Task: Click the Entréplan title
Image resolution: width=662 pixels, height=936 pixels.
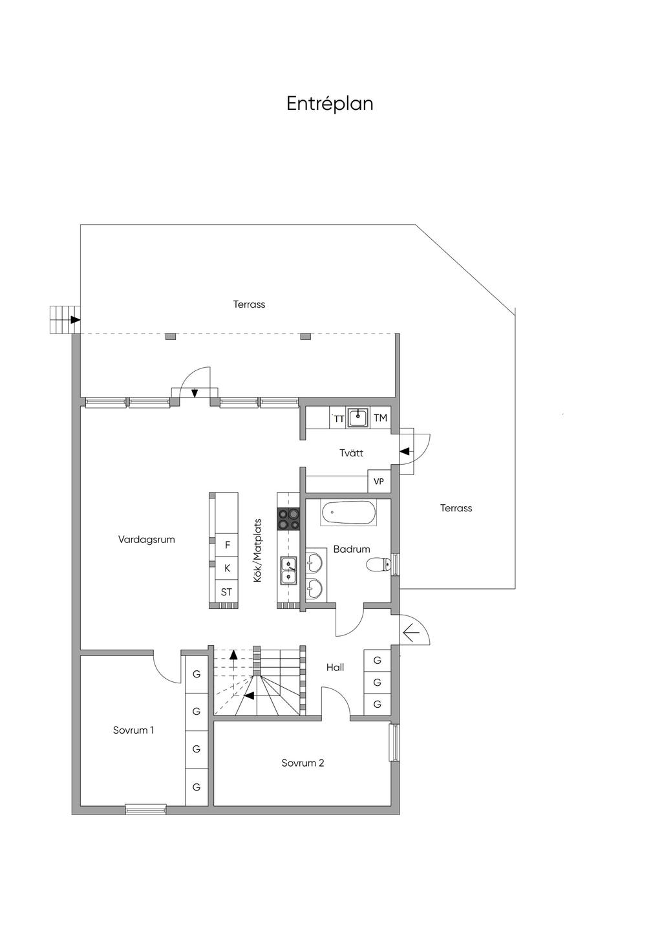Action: (x=330, y=104)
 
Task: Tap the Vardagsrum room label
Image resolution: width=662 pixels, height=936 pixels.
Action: (x=146, y=540)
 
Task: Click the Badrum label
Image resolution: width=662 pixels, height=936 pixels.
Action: (x=352, y=549)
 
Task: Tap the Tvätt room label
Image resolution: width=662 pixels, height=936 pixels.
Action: (x=351, y=453)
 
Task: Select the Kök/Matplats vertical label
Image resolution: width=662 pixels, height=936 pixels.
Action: (x=257, y=551)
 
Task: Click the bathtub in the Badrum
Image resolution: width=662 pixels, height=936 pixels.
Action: (x=348, y=513)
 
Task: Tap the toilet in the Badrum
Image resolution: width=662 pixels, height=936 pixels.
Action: (x=379, y=565)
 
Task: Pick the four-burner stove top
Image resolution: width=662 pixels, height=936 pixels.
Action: (x=288, y=518)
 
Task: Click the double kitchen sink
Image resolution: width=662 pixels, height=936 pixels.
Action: (x=288, y=569)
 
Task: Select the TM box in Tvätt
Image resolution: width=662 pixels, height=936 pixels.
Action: (x=380, y=418)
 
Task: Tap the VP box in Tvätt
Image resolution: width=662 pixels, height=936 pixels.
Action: (x=379, y=482)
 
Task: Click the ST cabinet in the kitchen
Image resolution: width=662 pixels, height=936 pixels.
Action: (x=226, y=592)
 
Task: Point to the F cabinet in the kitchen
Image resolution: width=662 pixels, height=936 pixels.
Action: (x=227, y=545)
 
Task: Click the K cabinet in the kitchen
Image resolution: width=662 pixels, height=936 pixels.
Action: (x=227, y=568)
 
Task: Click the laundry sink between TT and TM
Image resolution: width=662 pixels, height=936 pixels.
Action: (x=358, y=417)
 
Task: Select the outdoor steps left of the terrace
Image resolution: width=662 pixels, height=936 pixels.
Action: (x=63, y=320)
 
